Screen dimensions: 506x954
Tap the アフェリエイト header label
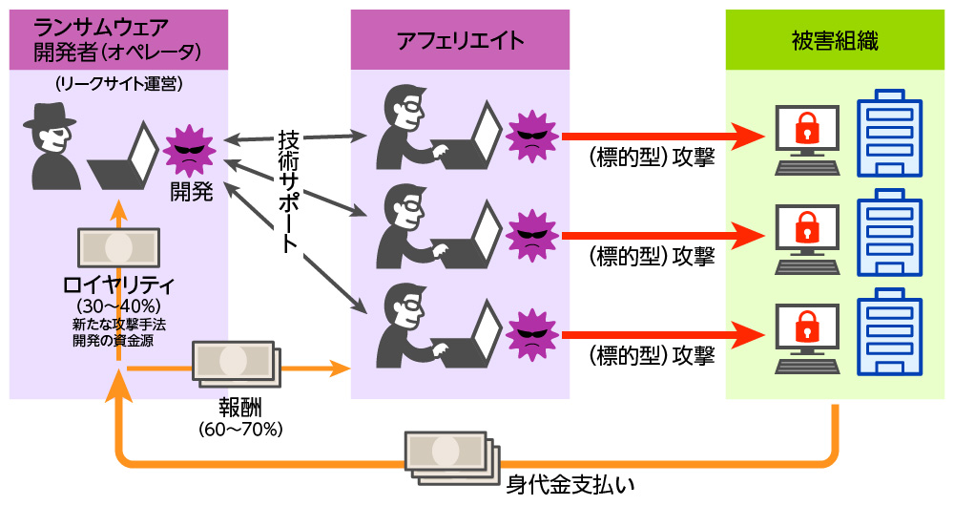point(460,40)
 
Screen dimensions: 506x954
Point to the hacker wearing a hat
point(52,143)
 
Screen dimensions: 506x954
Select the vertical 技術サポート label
point(288,191)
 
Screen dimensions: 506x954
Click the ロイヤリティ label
point(118,285)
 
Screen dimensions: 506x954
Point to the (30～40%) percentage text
point(118,305)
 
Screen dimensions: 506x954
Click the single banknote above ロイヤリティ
point(118,247)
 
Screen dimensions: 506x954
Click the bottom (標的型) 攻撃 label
point(653,356)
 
